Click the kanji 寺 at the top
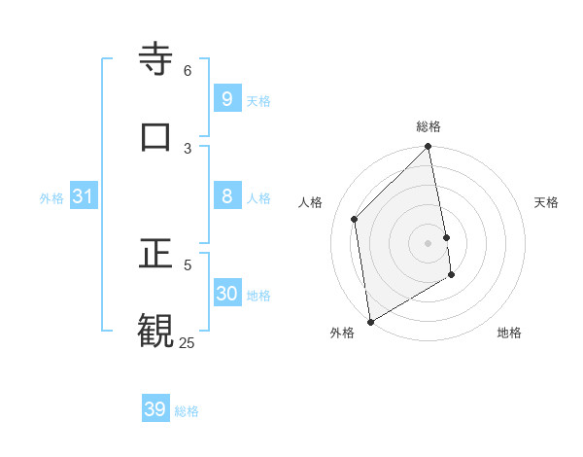point(156,59)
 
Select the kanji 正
point(156,251)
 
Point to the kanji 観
point(156,329)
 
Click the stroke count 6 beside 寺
point(188,71)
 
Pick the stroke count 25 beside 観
point(187,342)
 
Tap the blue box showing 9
point(227,98)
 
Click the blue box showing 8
point(227,196)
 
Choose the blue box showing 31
point(84,196)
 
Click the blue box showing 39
point(155,409)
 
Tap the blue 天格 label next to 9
point(258,100)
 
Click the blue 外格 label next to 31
point(51,198)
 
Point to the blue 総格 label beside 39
point(187,411)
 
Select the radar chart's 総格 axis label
point(429,126)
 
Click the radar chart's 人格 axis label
point(310,202)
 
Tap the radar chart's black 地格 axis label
point(509,333)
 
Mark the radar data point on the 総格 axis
point(429,148)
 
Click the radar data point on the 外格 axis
point(370,321)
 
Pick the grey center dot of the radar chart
point(429,242)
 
